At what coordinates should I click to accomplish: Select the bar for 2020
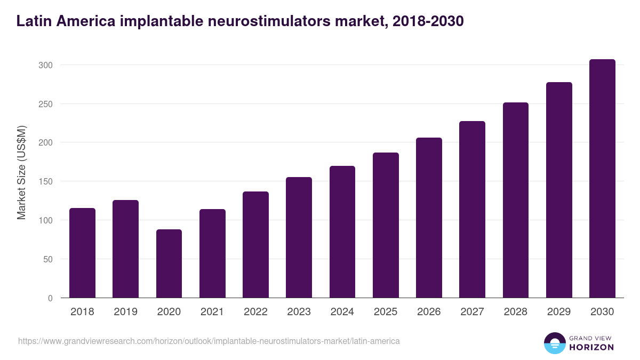click(x=169, y=263)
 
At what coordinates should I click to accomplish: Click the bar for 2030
click(x=602, y=179)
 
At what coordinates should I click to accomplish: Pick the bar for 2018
click(x=82, y=253)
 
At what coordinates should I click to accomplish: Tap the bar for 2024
click(x=342, y=232)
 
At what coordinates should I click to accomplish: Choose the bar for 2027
click(x=472, y=210)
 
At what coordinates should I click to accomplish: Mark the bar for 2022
click(x=255, y=245)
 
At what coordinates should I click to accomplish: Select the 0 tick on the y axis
click(x=50, y=298)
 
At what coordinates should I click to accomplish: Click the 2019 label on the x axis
click(x=125, y=312)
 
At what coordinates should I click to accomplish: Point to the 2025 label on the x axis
click(x=386, y=312)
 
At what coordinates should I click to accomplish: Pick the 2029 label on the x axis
click(x=559, y=312)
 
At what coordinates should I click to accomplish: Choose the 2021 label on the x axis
click(x=212, y=312)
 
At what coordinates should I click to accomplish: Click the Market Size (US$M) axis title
click(x=21, y=172)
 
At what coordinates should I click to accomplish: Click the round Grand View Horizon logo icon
click(x=554, y=343)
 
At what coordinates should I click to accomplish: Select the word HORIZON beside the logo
click(x=591, y=347)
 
